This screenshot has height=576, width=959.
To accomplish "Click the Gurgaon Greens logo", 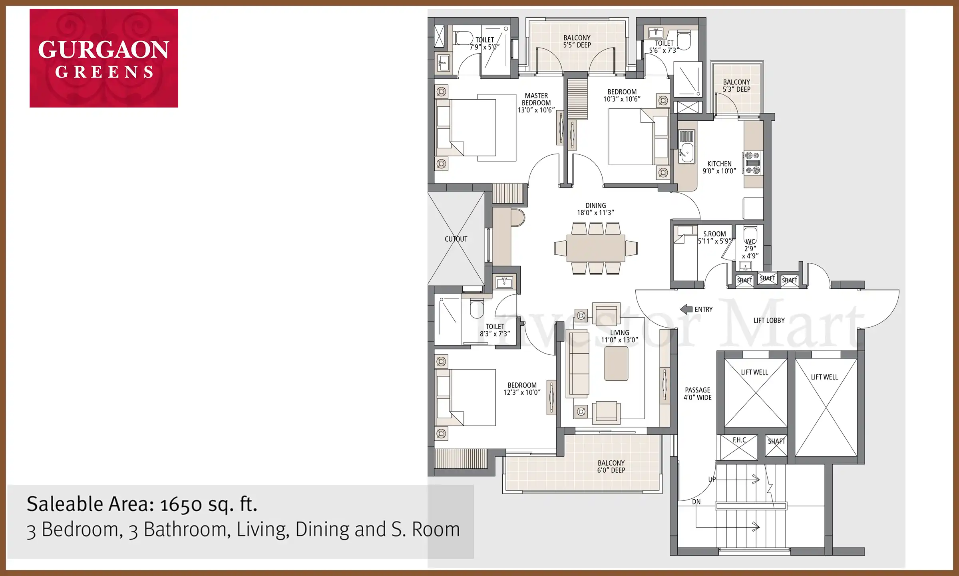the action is pos(104,58).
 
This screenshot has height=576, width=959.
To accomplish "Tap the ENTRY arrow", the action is pos(686,309).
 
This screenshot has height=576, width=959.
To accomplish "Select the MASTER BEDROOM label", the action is pos(536,103).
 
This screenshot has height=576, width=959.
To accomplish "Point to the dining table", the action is pos(596,248).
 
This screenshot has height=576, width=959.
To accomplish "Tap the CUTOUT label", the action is pos(456,239).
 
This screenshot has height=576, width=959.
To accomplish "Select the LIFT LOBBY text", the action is pos(769,320).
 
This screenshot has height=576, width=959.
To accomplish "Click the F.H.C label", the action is pos(739,440).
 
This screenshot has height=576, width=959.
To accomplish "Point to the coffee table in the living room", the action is pos(616,364).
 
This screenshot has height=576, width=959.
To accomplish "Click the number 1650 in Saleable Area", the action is pos(181,505).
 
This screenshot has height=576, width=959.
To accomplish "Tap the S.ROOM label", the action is pos(714,234).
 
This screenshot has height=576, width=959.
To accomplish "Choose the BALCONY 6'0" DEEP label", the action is pos(611,466).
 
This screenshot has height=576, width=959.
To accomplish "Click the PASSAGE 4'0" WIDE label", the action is pos(698,394).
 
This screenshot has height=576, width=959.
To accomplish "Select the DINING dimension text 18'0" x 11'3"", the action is pos(595,213).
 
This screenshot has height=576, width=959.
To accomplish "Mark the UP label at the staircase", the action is pos(712,479).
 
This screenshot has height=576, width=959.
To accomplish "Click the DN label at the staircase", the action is pos(696,502).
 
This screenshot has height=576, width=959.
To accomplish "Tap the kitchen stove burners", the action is pos(753,163).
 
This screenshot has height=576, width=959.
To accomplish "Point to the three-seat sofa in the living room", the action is pos(578,364).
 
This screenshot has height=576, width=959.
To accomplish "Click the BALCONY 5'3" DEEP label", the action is pos(736,86).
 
